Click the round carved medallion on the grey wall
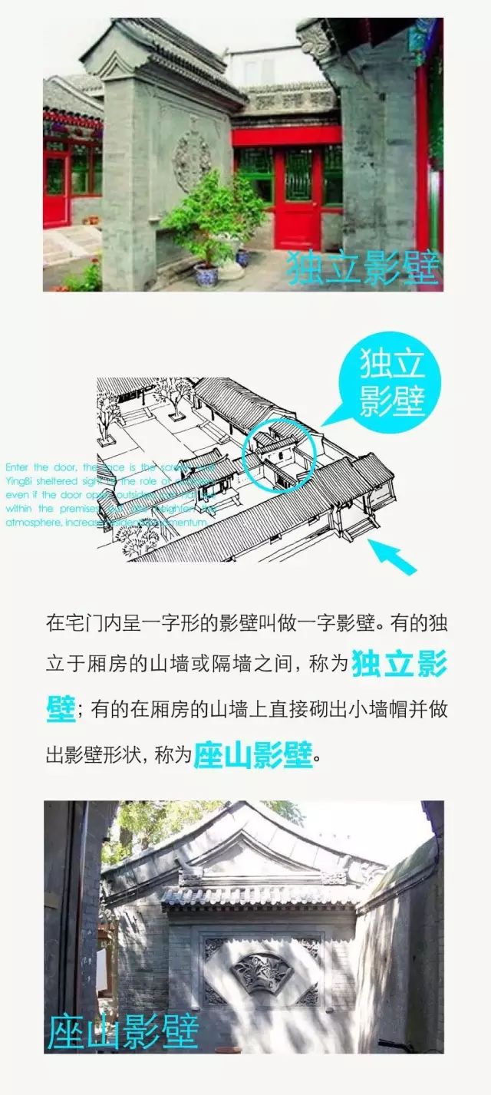[x=192, y=158]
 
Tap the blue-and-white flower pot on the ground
[x=206, y=274]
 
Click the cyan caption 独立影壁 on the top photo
[x=363, y=268]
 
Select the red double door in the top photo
[x=297, y=198]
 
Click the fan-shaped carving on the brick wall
[x=262, y=972]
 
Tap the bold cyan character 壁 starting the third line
[x=61, y=707]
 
